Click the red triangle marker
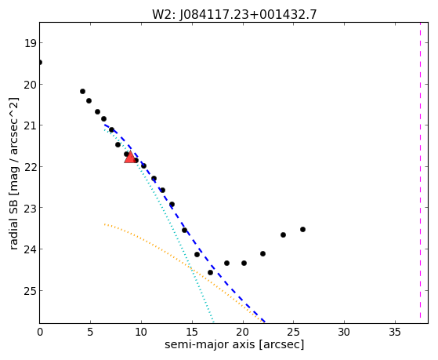130,157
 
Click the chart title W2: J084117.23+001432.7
234,15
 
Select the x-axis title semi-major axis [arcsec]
234,344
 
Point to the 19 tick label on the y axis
31,43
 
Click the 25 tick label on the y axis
31,291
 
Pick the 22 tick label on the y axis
31,167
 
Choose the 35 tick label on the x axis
395,333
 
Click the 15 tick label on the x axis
192,333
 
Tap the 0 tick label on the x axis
40,333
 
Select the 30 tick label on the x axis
344,333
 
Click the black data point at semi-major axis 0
40,62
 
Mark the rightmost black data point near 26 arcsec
302,229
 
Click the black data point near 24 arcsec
283,235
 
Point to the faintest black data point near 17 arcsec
210,272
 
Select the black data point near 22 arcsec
262,253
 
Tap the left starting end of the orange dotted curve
104,224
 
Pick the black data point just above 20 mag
82,91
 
